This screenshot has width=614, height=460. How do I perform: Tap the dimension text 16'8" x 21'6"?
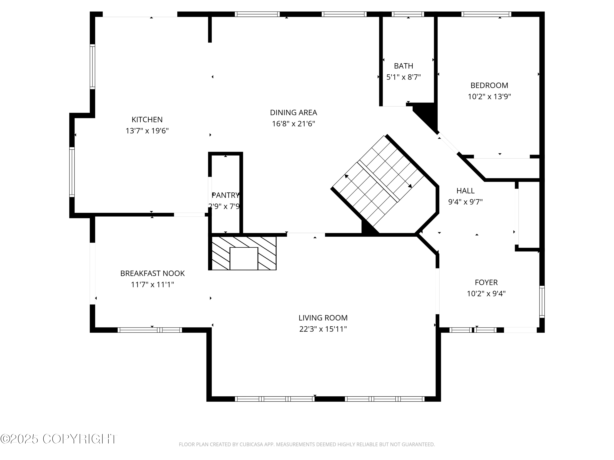click(x=293, y=124)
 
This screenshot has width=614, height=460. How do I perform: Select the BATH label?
click(x=403, y=66)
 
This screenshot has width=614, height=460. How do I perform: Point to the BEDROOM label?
click(x=489, y=85)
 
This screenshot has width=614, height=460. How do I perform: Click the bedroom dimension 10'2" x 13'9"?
click(x=489, y=97)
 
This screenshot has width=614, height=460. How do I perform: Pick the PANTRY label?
click(x=225, y=195)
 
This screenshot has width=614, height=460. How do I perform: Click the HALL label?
click(x=465, y=191)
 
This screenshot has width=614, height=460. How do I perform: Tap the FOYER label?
click(x=486, y=282)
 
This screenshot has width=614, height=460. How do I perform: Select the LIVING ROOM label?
click(x=323, y=318)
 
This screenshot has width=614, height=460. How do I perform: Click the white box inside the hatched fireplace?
click(x=244, y=258)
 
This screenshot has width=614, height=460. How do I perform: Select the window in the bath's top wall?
click(x=407, y=14)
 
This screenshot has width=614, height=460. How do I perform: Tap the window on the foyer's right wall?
click(x=542, y=302)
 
